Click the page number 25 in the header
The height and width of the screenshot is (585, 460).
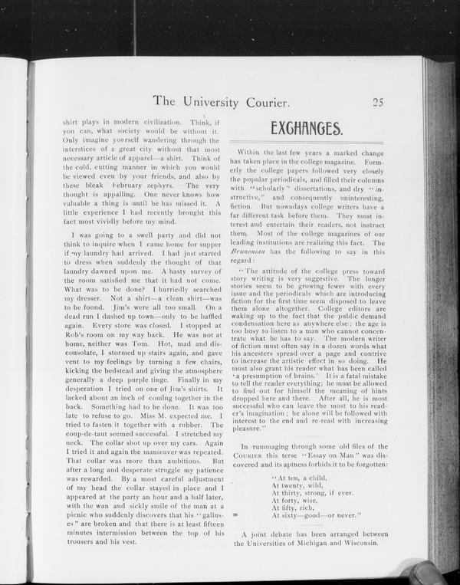pos(378,101)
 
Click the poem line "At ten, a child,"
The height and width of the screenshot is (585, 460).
pos(301,476)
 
